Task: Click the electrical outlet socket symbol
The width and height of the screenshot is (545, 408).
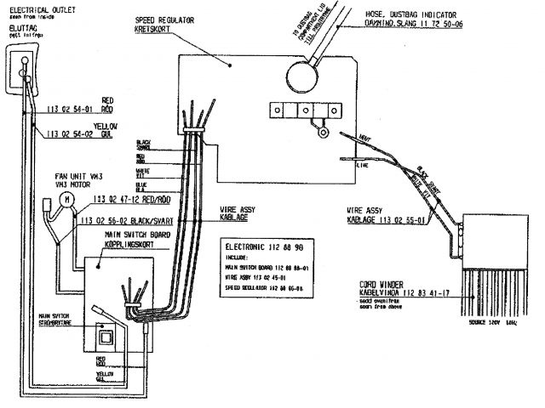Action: pyautogui.click(x=24, y=64)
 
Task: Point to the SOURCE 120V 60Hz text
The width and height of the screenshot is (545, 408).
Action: pyautogui.click(x=488, y=323)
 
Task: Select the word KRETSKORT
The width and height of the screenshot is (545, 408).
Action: pyautogui.click(x=153, y=28)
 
